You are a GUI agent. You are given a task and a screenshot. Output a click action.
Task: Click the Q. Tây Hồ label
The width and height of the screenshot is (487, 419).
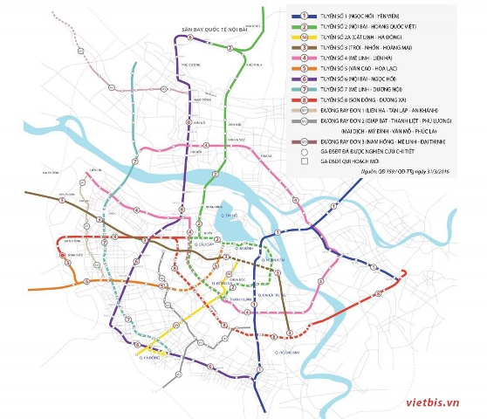tap(230, 215)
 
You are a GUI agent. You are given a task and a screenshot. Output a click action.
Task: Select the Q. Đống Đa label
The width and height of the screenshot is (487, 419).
tap(221, 284)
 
